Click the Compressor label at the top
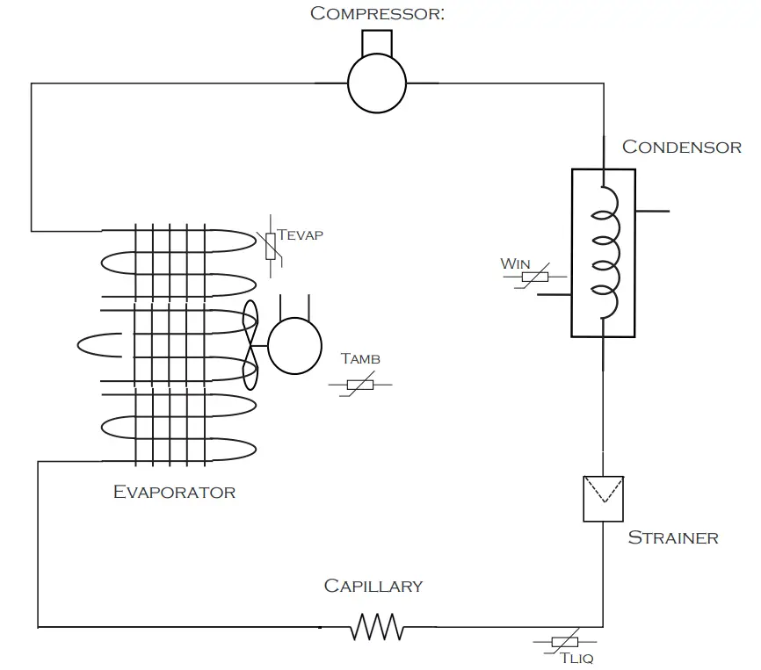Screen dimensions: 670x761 pyautogui.click(x=377, y=13)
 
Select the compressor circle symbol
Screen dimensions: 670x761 pyautogui.click(x=377, y=83)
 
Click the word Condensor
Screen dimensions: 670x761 pyautogui.click(x=681, y=147)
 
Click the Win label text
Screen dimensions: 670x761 pyautogui.click(x=515, y=263)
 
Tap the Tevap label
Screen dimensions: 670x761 pyautogui.click(x=300, y=235)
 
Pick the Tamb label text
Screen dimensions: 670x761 pyautogui.click(x=360, y=359)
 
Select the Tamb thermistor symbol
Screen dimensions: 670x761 pyautogui.click(x=360, y=385)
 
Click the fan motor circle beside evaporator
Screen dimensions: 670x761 pyautogui.click(x=294, y=345)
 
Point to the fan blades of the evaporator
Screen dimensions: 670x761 pyautogui.click(x=251, y=345)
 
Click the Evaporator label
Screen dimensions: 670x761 pyautogui.click(x=174, y=492)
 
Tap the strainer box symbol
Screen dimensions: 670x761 pyautogui.click(x=603, y=498)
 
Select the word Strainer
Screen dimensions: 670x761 pyautogui.click(x=672, y=537)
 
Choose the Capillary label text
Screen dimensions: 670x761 pyautogui.click(x=373, y=586)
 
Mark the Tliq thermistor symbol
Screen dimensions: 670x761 pyautogui.click(x=563, y=642)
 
